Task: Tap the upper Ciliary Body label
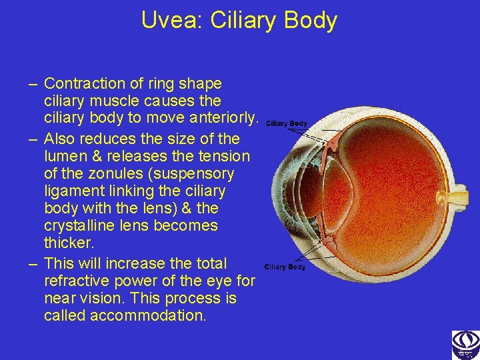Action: click(x=287, y=123)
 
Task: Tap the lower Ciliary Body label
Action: click(x=285, y=267)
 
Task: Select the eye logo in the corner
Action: click(x=465, y=345)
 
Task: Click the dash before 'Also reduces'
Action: click(x=33, y=139)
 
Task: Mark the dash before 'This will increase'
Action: click(x=33, y=263)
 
